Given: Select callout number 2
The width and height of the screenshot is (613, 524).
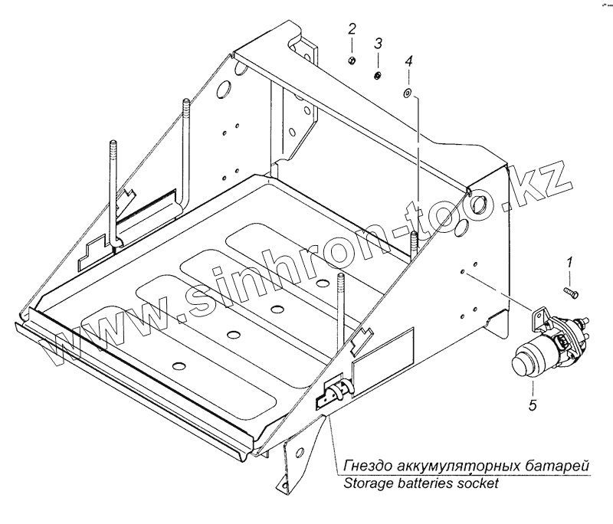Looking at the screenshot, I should click(352, 30).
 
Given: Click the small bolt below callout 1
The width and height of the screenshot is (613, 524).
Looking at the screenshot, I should click(571, 292).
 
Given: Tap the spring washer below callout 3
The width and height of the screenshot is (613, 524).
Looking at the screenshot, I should click(378, 75).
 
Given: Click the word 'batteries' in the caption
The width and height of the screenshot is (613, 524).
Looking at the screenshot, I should click(425, 484).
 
